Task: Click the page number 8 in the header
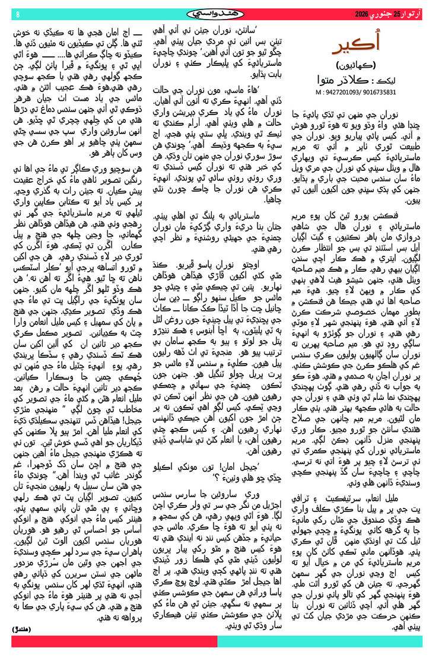pos(18,14)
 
